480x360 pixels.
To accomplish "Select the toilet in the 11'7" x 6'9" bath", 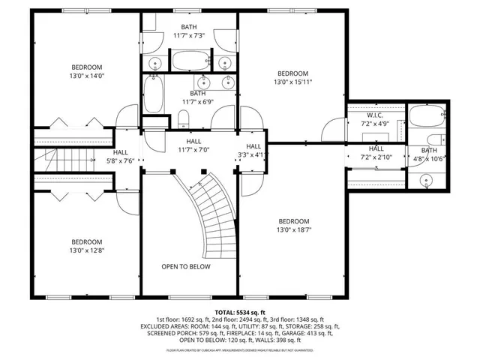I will pos(183,118).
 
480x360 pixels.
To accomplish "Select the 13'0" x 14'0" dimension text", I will pos(86,76).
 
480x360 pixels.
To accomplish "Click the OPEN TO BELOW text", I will pos(186,267).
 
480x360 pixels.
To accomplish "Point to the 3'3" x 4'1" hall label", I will pos(253,151).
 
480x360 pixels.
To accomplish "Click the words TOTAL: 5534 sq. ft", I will pos(240,312).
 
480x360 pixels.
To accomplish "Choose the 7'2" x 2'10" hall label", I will pos(376,154).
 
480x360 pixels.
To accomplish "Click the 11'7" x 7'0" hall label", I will pos(193,145).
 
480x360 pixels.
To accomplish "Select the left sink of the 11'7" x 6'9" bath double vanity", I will pos(202,82).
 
